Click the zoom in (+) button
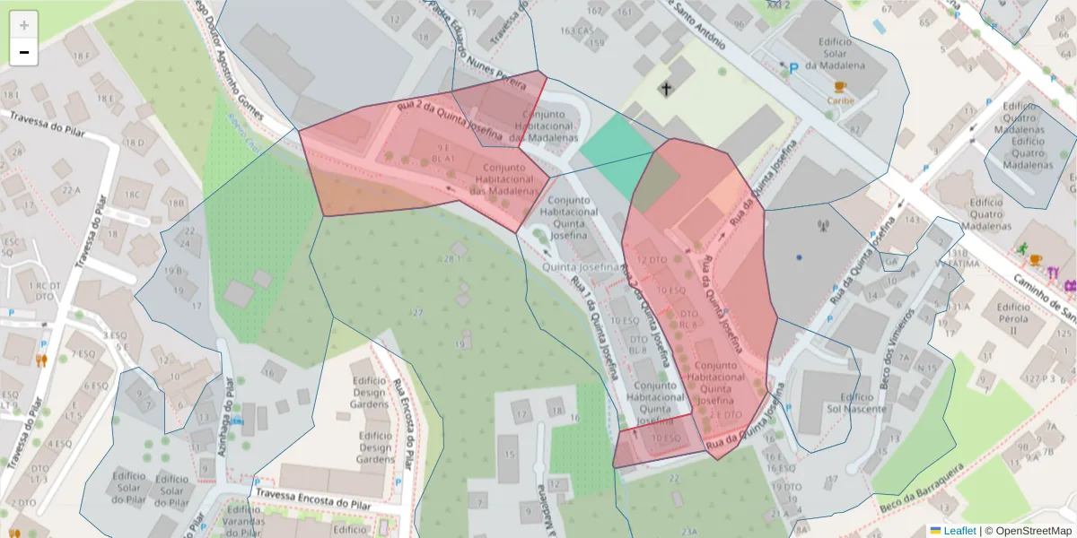click(23, 25)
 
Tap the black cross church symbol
click(666, 89)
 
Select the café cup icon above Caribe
click(840, 87)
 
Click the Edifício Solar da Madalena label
click(836, 53)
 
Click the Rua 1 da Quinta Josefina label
click(594, 326)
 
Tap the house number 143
click(914, 220)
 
